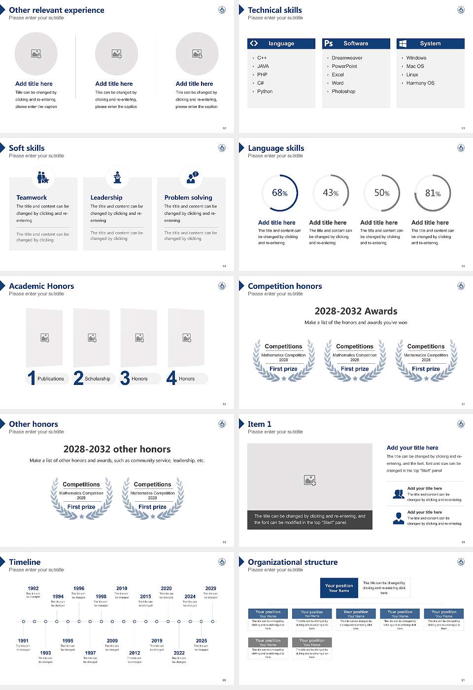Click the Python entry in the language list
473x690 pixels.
pos(265,91)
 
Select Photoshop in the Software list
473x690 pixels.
pos(343,91)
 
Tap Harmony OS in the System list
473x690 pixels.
pos(420,83)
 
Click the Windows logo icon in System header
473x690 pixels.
pos(403,43)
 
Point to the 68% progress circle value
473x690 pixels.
pos(280,193)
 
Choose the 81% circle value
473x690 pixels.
pos(433,193)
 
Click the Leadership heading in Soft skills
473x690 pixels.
pos(106,197)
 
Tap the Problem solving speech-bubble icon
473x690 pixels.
pos(192,177)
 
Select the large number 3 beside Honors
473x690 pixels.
pos(125,378)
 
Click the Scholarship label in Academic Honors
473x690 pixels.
pos(98,379)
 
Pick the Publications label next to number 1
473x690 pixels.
pos(51,379)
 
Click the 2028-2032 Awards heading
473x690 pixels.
pos(356,311)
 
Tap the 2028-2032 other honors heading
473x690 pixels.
pos(117,449)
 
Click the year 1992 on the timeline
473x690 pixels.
pos(34,588)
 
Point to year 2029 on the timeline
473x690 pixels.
pos(211,588)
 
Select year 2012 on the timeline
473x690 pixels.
pos(135,653)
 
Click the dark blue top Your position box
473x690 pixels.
pos(339,588)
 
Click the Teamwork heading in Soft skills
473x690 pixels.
pos(32,197)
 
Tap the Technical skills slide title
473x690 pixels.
pos(275,10)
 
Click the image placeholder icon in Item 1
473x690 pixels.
pos(310,480)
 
